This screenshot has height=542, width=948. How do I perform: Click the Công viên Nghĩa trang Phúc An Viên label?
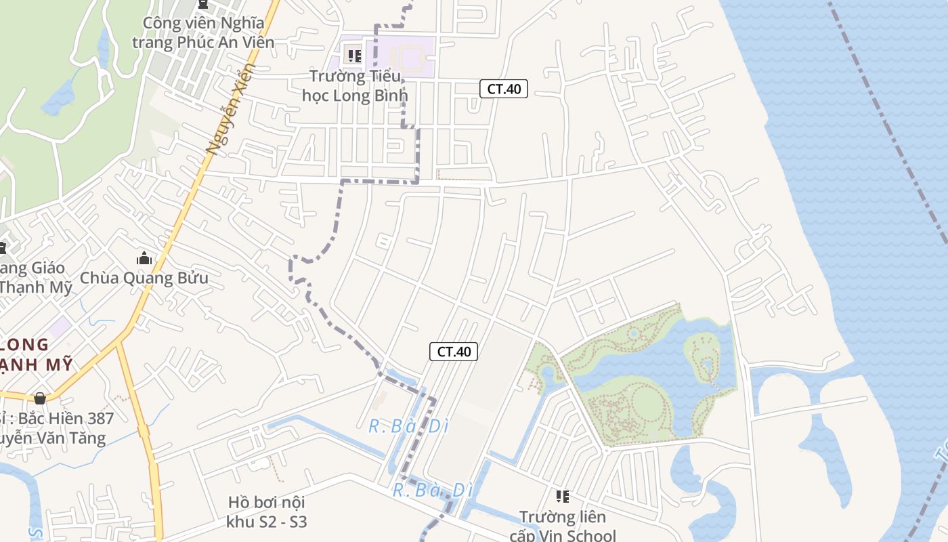click(x=203, y=33)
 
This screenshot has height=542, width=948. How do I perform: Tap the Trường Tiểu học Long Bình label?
click(x=355, y=85)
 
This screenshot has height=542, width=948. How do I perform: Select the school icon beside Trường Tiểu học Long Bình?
click(x=354, y=55)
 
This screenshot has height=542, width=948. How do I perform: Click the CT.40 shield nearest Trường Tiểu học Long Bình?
click(x=504, y=88)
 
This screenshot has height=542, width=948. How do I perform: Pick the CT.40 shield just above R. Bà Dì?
click(x=454, y=351)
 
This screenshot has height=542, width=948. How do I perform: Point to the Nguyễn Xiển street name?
click(x=231, y=108)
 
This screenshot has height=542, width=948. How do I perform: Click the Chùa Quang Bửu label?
click(x=144, y=278)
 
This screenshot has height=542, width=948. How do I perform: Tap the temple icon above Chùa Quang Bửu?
click(x=144, y=258)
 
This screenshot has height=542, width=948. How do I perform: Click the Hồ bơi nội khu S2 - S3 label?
click(x=267, y=512)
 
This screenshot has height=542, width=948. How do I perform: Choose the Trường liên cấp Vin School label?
click(x=563, y=527)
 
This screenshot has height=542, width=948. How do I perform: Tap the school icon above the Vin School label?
click(x=562, y=497)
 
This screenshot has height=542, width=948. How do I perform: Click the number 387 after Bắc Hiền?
click(x=98, y=418)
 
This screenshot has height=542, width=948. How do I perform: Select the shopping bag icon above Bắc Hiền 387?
click(x=40, y=398)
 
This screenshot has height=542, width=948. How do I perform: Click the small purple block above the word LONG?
click(x=60, y=327)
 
